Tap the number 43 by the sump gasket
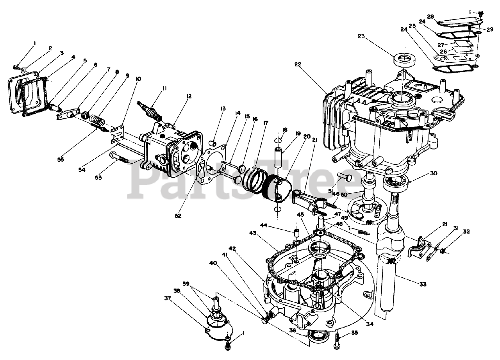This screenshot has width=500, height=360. click(x=253, y=233)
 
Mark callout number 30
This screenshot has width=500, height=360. click(x=434, y=173)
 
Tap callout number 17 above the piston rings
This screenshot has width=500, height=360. click(x=266, y=123)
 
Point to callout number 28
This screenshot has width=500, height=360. click(x=430, y=16)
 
